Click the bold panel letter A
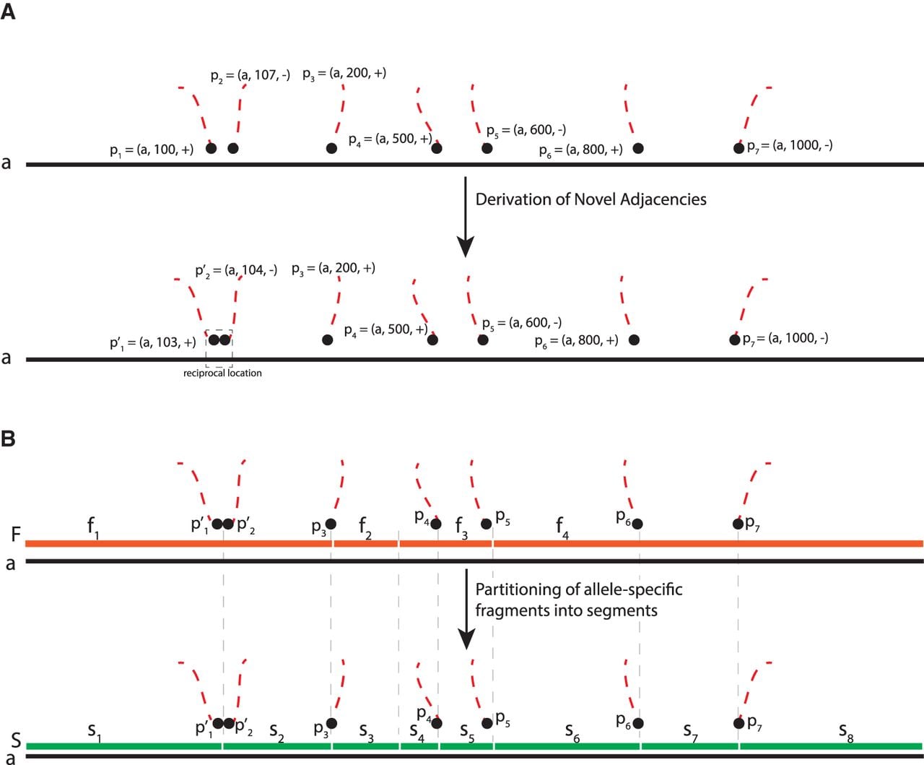tap(8, 12)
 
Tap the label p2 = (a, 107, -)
tap(250, 76)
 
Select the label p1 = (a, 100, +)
tap(152, 150)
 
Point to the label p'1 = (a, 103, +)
tap(152, 343)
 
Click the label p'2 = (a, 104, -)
tap(236, 271)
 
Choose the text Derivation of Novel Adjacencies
tap(590, 199)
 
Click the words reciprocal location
tap(222, 373)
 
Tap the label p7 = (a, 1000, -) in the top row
tap(790, 146)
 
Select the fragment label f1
tap(93, 527)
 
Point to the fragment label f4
tap(562, 527)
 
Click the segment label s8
tap(845, 732)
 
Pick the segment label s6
tap(572, 732)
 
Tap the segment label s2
tap(276, 732)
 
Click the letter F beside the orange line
tap(16, 534)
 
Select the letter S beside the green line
tap(16, 740)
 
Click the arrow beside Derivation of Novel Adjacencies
tap(465, 217)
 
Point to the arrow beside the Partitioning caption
tap(466, 609)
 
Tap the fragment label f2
tap(365, 527)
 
